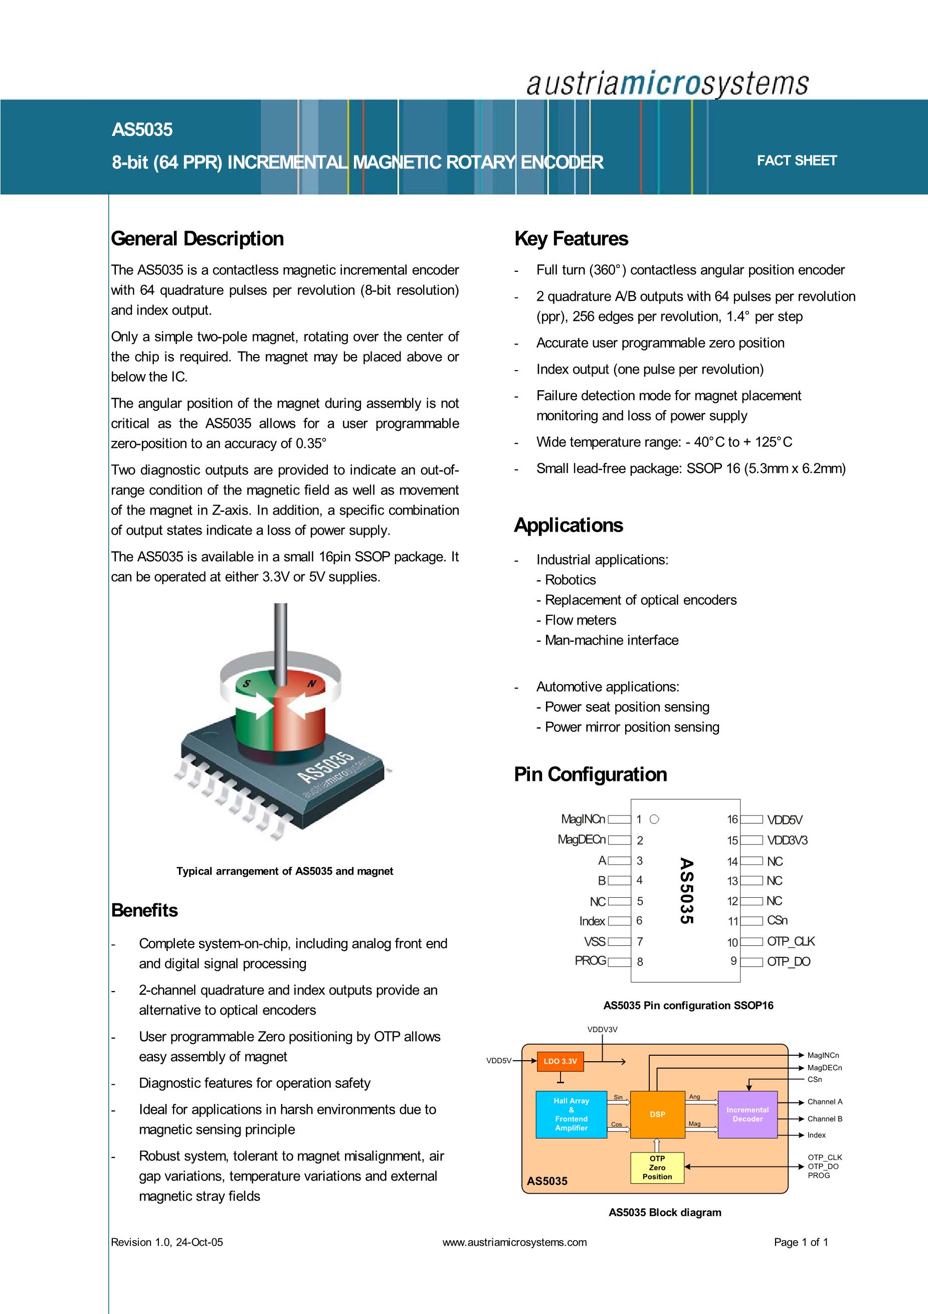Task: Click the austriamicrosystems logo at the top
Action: pos(667,84)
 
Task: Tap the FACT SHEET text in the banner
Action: pos(797,161)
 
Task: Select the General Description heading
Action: pos(198,239)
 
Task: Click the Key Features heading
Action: pos(571,239)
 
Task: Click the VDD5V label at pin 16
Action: pos(785,820)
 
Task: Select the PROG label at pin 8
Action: pos(590,961)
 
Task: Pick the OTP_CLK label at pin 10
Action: pos(791,941)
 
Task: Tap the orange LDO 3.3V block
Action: pos(560,1062)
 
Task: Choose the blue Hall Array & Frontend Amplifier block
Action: pos(571,1114)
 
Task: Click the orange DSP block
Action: pos(657,1114)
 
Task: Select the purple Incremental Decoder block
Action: pos(747,1114)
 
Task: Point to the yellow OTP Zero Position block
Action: pos(657,1168)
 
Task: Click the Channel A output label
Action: pos(824,1102)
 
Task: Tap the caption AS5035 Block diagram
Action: pos(665,1212)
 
